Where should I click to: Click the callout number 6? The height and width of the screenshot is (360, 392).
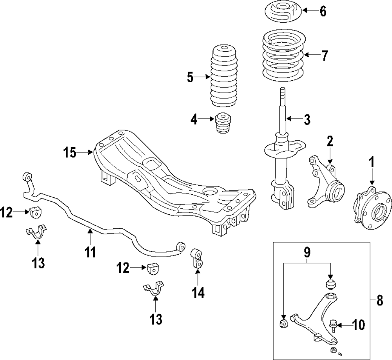[x=323, y=11]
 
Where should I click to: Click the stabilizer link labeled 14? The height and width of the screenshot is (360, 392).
[x=197, y=259]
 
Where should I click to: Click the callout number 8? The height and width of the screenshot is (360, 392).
[x=379, y=302]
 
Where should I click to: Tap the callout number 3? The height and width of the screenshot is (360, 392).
[x=307, y=119]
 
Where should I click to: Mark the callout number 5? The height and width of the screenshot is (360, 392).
[x=190, y=78]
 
